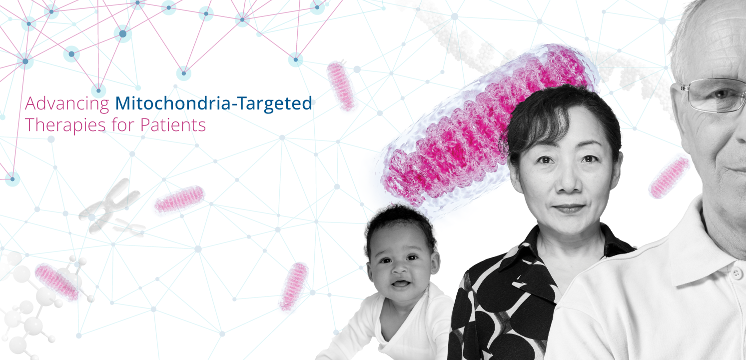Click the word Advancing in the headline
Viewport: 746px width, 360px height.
pos(67,103)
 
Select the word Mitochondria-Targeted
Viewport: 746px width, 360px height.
pos(213,103)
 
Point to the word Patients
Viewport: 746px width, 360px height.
pos(173,125)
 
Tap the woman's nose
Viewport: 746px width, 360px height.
pos(568,184)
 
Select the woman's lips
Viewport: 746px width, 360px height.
pos(569,209)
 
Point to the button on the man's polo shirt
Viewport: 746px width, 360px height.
pos(737,274)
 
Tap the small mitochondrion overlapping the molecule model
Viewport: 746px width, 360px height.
pos(57,282)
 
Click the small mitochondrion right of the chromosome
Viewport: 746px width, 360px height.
pos(179,199)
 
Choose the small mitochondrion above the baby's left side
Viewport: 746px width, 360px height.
pos(293,286)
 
